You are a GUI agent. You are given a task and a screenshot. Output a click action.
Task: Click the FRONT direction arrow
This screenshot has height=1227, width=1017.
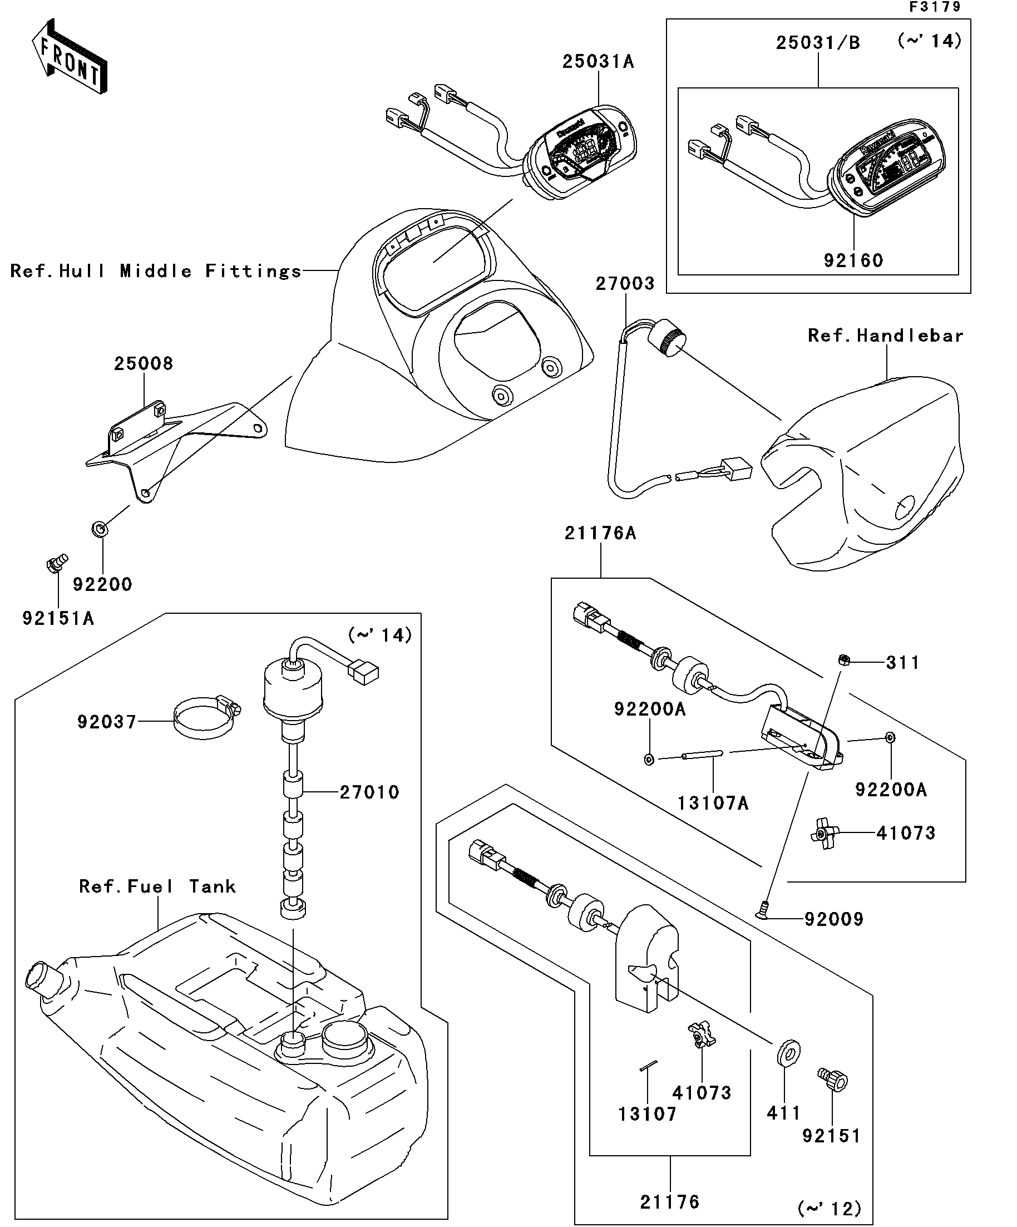69,56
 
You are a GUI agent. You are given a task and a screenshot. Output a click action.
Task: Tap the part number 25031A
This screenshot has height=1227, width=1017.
598,61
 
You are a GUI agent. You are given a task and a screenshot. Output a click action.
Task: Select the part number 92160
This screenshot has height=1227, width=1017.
853,260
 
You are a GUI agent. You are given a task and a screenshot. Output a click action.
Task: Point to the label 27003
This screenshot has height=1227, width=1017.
625,284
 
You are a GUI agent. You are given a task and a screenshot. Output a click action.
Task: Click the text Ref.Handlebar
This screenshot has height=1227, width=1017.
886,336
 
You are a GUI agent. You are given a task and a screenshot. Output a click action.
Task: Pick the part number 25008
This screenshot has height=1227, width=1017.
144,364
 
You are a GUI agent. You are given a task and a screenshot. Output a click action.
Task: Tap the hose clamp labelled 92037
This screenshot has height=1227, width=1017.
206,719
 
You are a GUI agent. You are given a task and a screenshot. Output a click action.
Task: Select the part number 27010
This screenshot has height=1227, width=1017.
369,793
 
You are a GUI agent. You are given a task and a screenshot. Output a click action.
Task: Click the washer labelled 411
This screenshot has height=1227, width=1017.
788,1053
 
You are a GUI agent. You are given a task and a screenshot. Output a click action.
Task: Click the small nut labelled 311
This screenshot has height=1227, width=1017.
843,660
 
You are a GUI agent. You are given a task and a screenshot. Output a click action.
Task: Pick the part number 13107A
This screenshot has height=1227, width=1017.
713,804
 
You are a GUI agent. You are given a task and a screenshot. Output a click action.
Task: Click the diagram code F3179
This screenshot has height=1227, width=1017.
935,7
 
